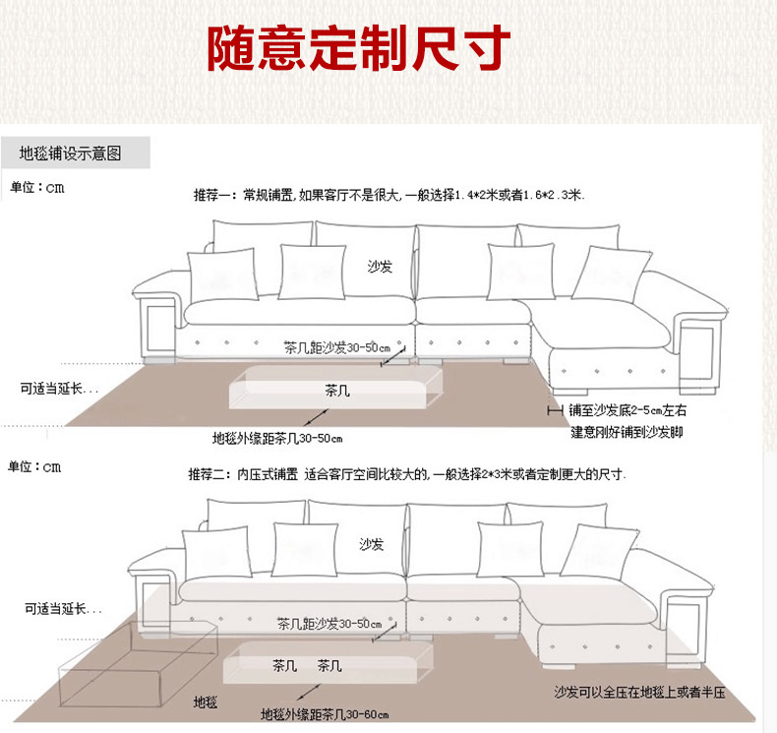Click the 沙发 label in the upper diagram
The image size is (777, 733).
[380, 267]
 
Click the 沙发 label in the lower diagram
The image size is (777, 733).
[372, 544]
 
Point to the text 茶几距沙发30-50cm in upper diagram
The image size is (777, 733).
[336, 347]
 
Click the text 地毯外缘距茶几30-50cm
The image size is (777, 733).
[277, 437]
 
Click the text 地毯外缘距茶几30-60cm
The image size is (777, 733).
[325, 714]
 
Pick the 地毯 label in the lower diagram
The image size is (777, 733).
[206, 702]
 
